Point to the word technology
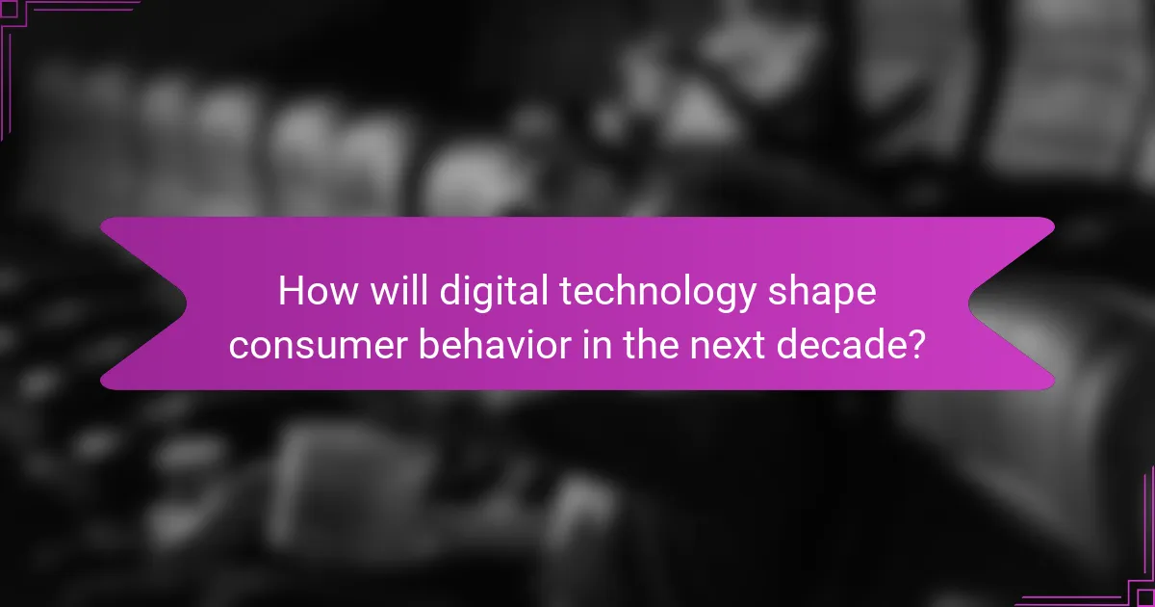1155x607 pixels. pos(643,292)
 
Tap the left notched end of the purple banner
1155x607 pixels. pos(144,303)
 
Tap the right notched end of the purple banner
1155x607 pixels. pos(1011,303)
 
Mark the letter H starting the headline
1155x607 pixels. pos(292,292)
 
